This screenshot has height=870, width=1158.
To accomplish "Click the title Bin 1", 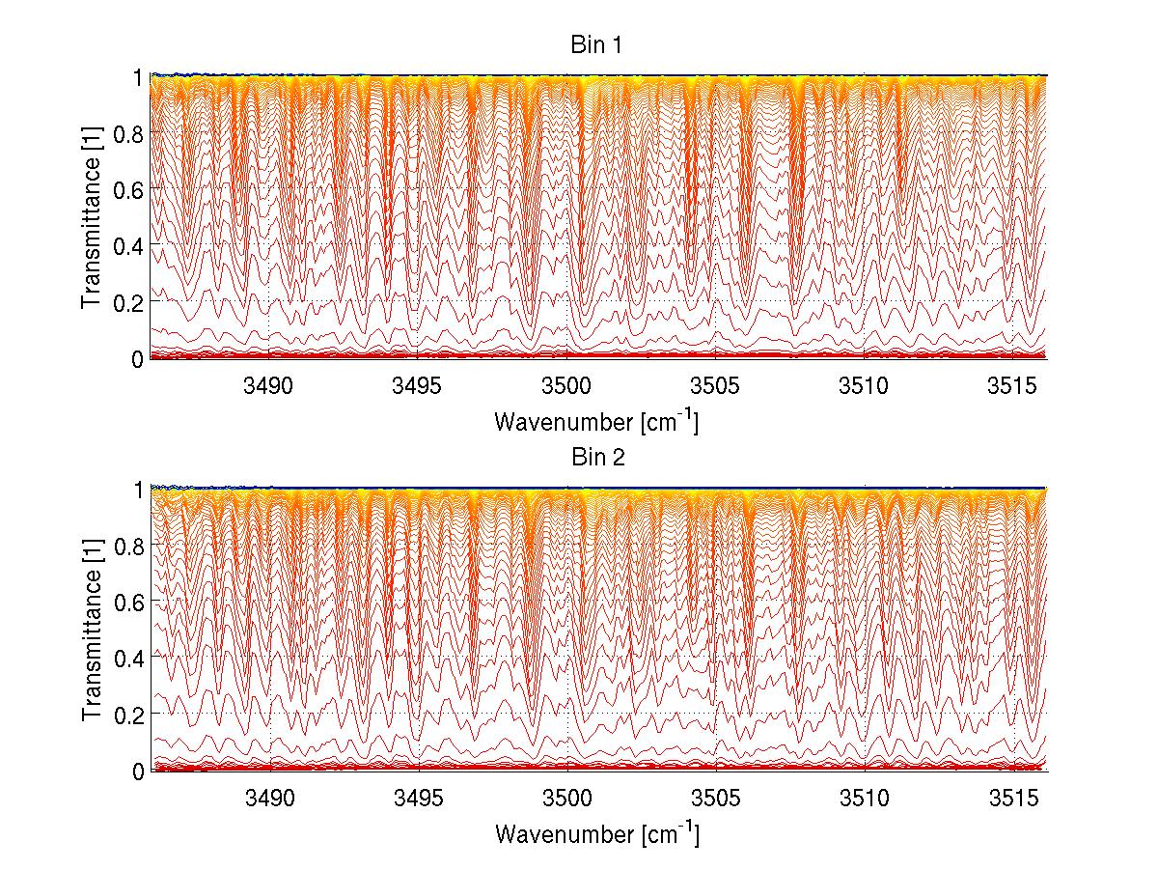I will point(599,44).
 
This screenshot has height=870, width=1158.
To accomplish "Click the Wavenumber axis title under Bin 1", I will point(596,421).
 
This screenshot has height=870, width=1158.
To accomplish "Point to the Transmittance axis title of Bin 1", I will point(92,215).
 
